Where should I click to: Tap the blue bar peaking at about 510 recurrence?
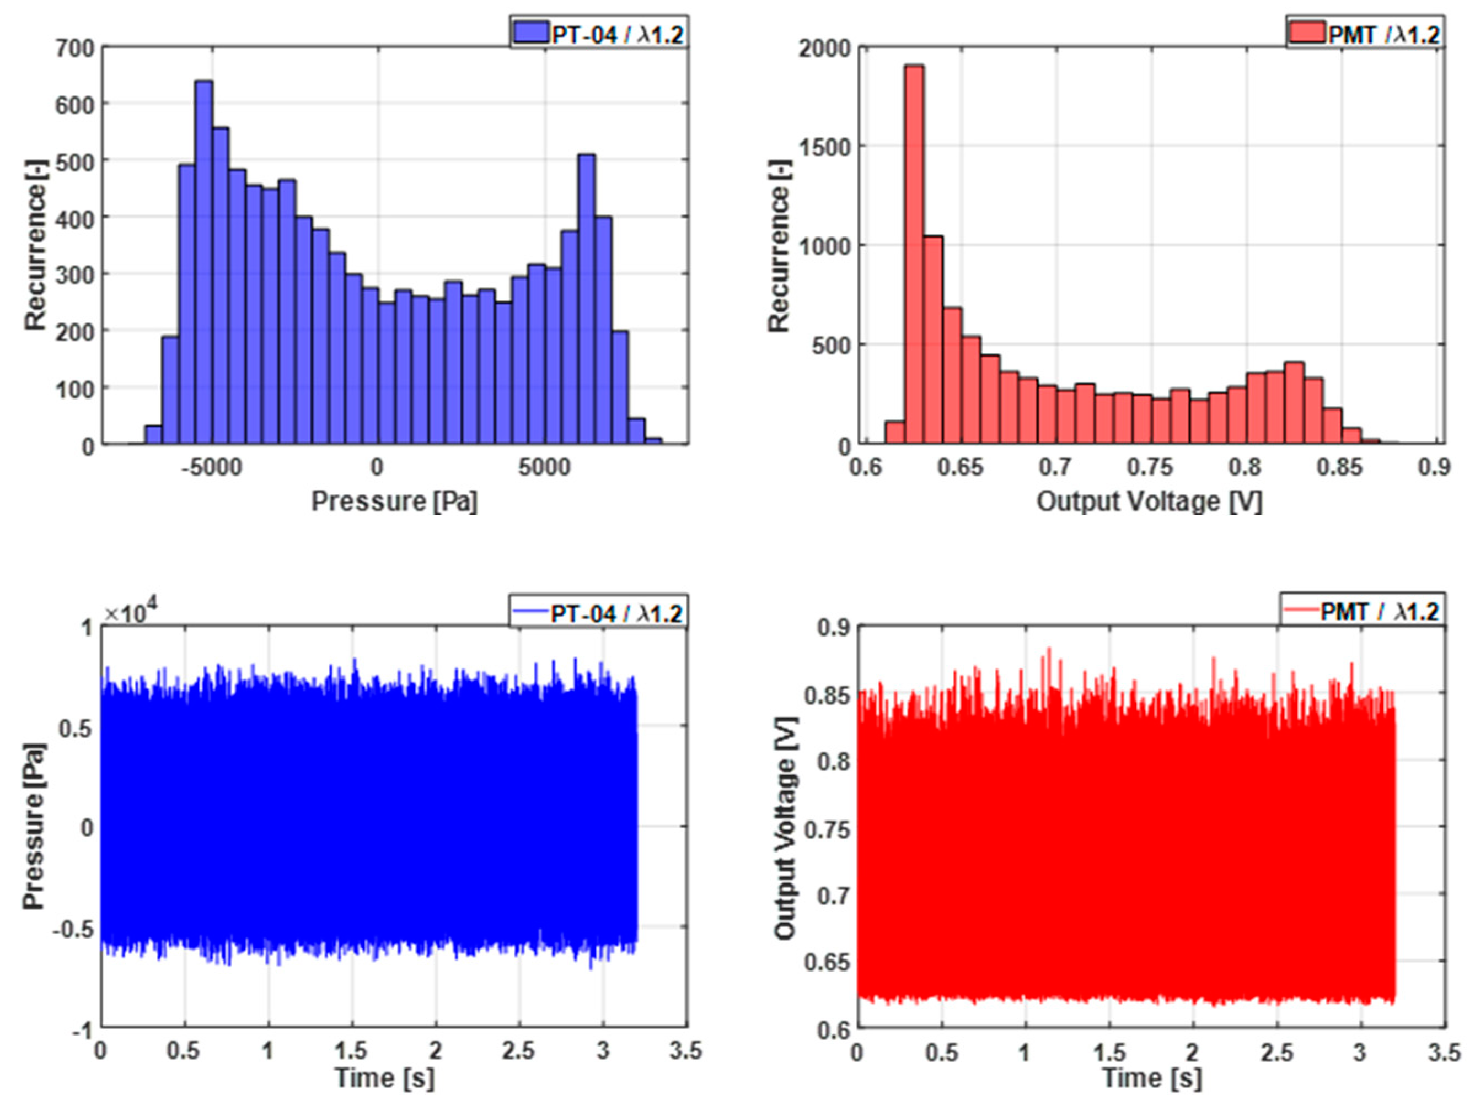pos(586,300)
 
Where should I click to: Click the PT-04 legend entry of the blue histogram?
pos(598,33)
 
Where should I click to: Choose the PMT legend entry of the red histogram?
pos(1364,33)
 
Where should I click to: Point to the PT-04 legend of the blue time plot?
pos(598,612)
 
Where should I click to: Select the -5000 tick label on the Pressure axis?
pos(211,467)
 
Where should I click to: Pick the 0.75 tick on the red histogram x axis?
pos(1150,467)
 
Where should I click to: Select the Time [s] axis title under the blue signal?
pos(385,1078)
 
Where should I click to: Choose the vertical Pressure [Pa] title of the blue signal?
pos(33,827)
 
